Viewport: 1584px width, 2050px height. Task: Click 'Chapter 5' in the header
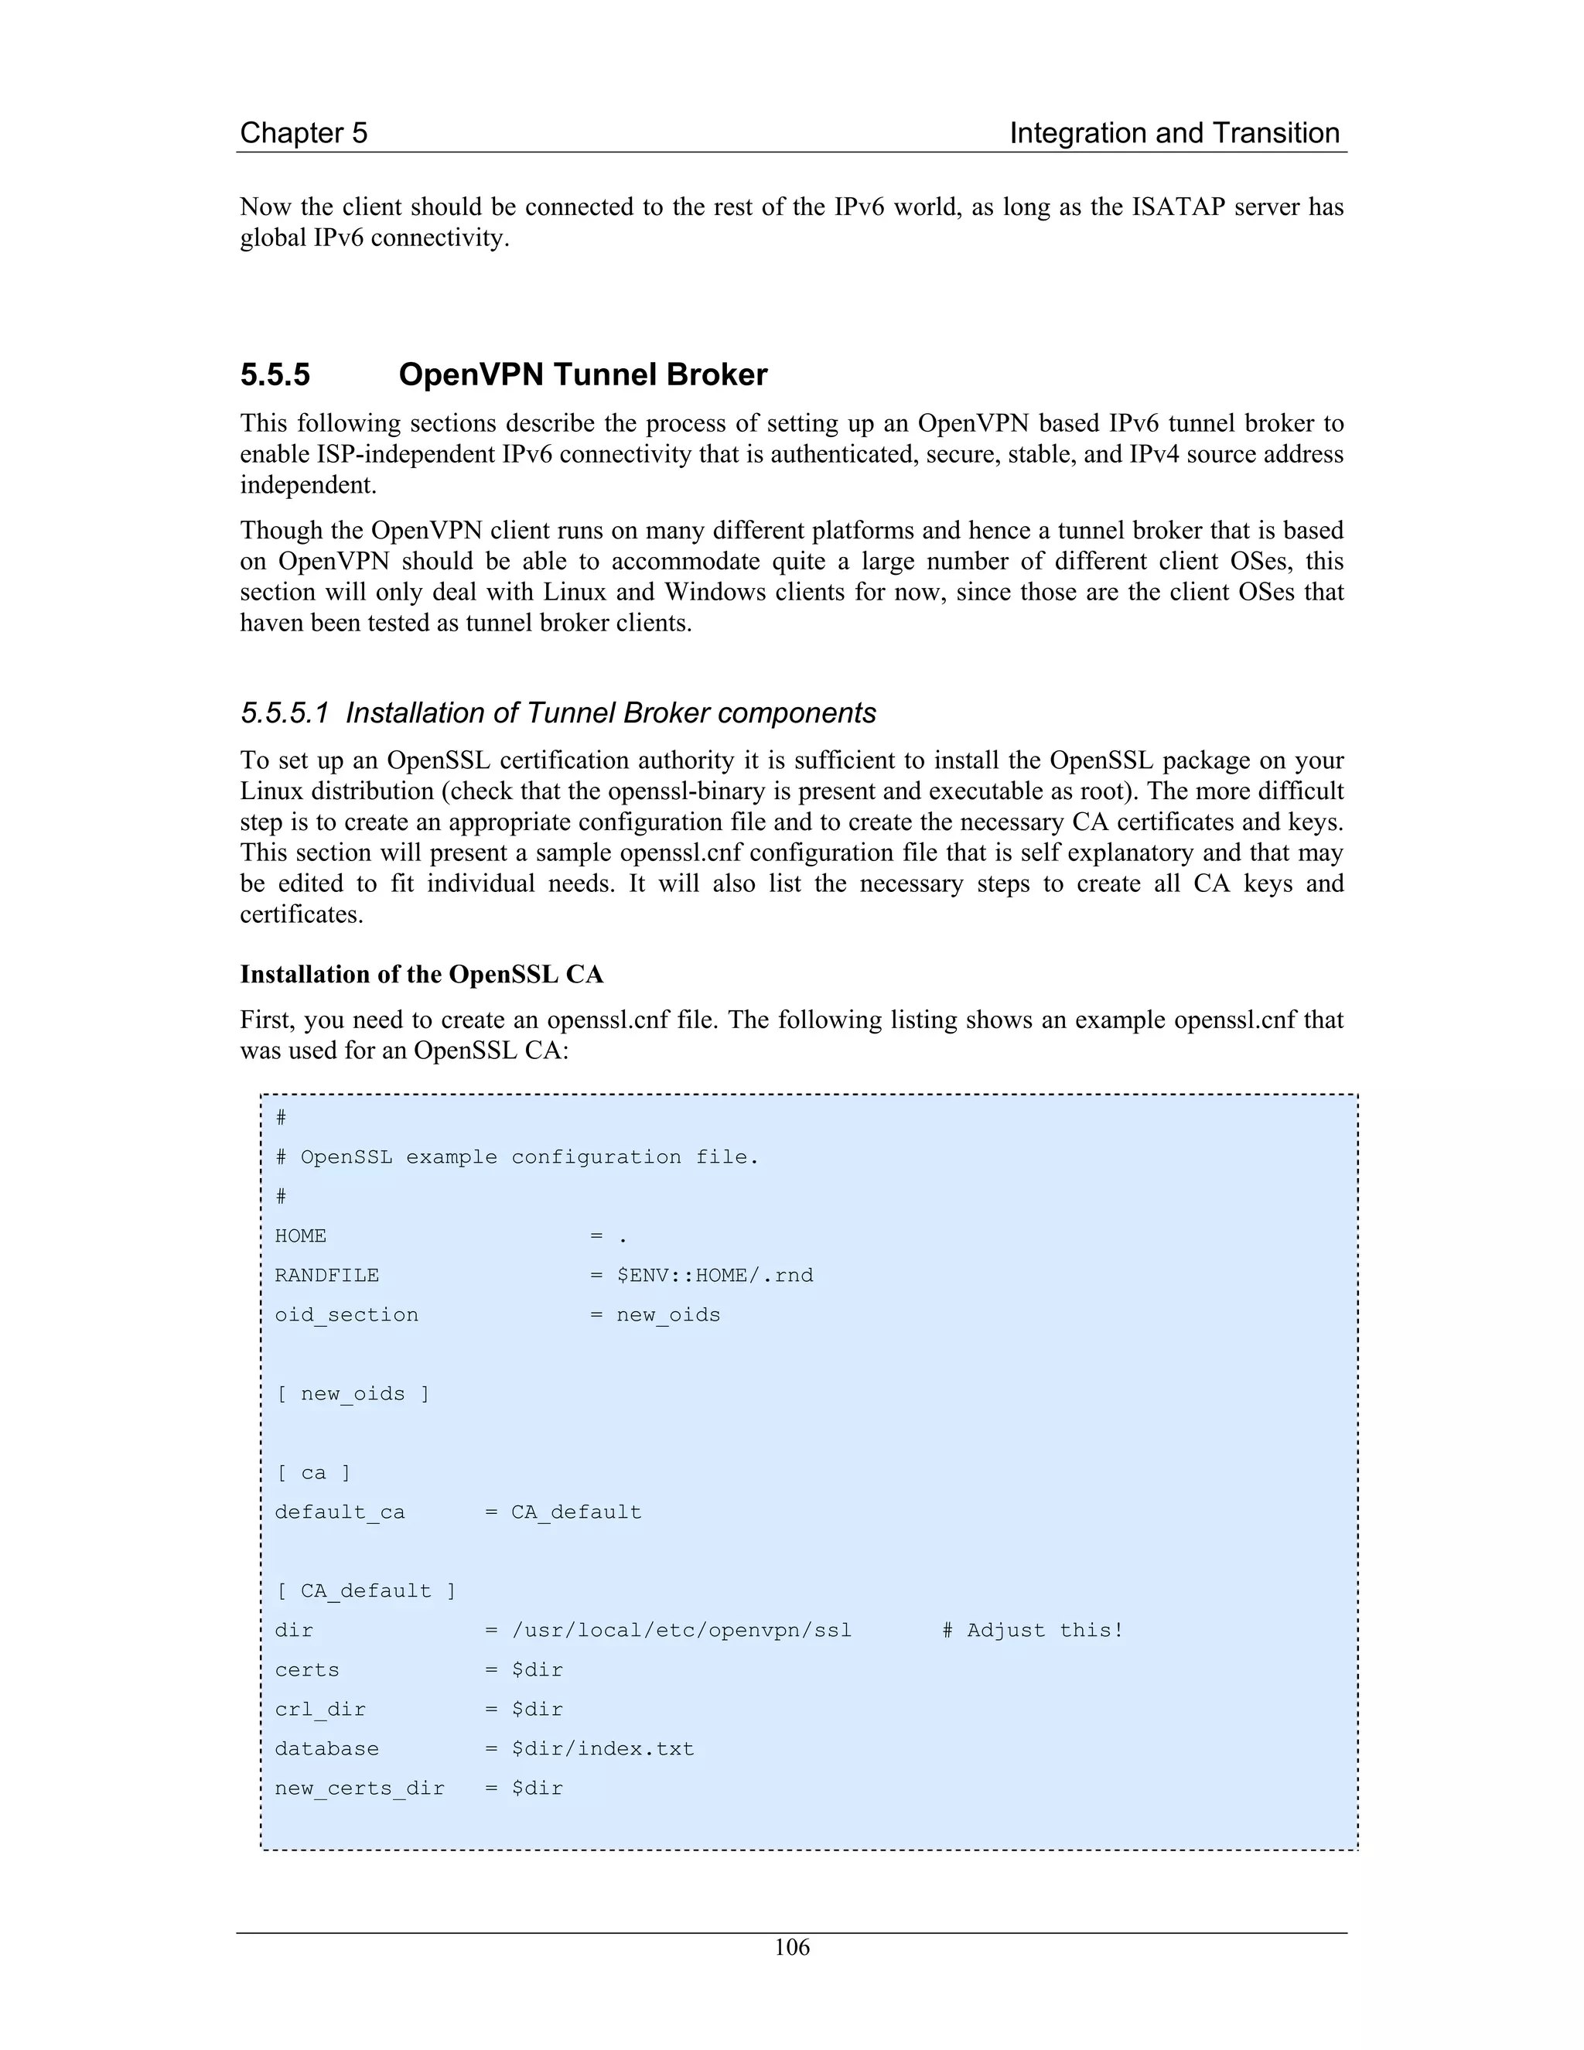tap(303, 132)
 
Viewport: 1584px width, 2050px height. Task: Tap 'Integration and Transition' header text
tap(1174, 132)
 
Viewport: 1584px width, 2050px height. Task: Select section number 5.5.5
tap(275, 374)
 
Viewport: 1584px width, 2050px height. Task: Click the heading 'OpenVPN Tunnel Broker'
tap(582, 374)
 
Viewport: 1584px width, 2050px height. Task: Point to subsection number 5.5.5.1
tap(285, 712)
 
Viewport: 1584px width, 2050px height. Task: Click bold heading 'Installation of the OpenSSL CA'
tap(422, 974)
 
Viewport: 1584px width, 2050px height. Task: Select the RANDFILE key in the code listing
tap(326, 1276)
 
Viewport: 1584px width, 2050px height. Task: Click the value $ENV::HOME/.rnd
tap(715, 1276)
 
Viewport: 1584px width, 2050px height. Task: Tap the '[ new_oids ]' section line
tap(352, 1394)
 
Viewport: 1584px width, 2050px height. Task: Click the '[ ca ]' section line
tap(312, 1473)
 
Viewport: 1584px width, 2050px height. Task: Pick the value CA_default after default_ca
tap(576, 1512)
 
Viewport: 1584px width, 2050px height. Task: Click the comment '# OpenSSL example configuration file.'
tap(516, 1157)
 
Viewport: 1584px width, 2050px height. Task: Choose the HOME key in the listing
tap(300, 1236)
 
